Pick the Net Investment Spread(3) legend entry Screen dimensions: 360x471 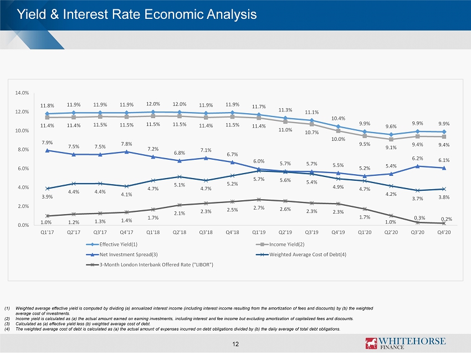click(128, 253)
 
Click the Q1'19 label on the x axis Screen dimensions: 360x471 click(259, 232)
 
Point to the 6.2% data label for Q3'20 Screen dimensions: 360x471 click(417, 159)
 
